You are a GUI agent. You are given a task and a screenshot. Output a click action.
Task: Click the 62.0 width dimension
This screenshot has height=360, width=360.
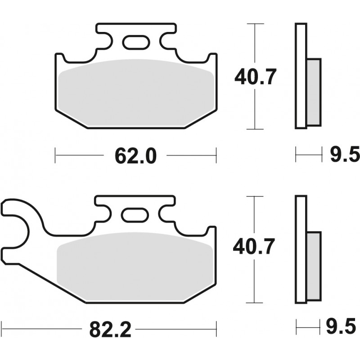pos(135,156)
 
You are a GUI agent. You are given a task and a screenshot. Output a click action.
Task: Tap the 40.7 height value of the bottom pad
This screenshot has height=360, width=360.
pos(254,246)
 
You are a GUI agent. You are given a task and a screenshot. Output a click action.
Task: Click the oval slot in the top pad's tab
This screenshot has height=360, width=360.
pos(135,42)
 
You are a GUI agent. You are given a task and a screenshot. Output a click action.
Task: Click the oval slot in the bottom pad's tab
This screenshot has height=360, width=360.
pos(135,215)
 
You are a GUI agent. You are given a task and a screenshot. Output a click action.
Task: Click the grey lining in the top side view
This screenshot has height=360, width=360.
pos(314,92)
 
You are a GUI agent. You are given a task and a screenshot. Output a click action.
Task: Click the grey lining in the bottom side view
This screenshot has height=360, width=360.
pos(314,265)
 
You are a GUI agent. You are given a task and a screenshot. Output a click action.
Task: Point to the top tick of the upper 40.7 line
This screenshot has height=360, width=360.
pos(255,24)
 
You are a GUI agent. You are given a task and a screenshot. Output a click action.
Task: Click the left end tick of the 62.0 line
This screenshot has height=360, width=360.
pos(55,156)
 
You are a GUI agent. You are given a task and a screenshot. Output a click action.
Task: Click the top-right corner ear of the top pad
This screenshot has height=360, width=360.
pos(212,58)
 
